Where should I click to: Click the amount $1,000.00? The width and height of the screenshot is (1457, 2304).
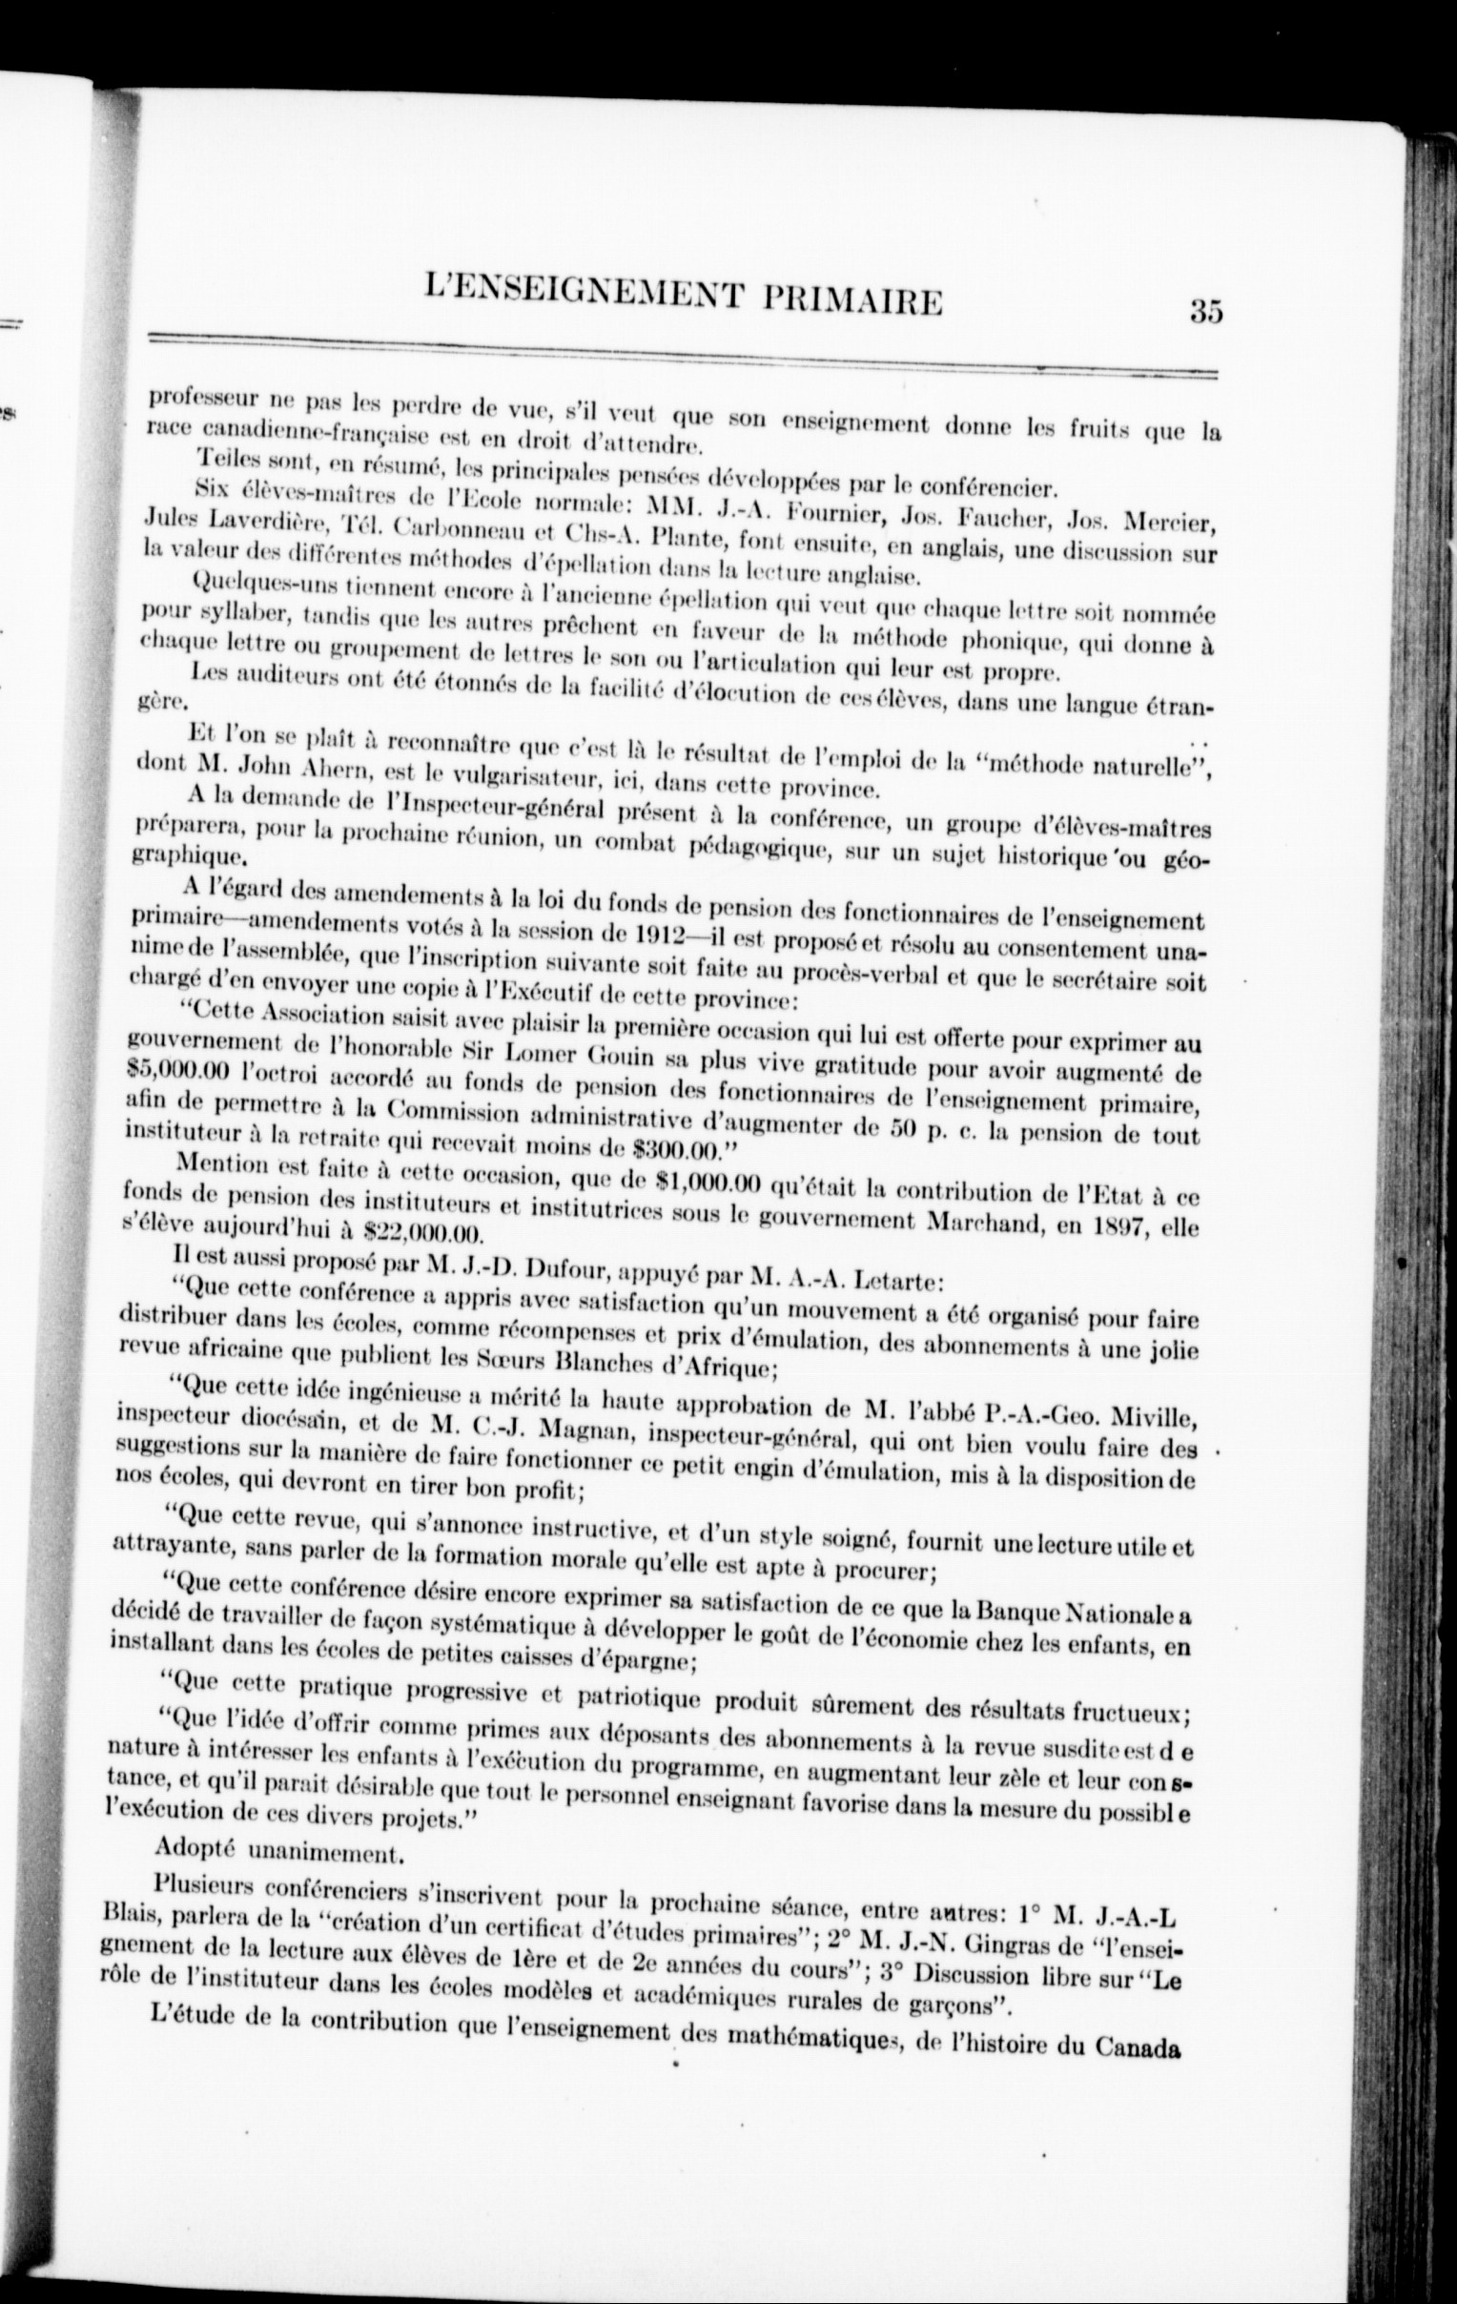pos(706,1183)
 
